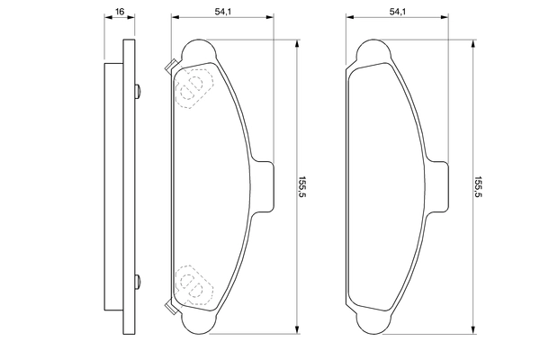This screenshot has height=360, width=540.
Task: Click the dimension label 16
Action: click(120, 12)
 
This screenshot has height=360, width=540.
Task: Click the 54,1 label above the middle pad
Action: click(223, 12)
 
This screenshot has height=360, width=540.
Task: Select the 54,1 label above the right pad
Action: click(398, 12)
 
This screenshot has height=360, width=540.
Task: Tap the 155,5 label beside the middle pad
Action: click(302, 187)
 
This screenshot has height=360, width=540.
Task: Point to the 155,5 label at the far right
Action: click(479, 187)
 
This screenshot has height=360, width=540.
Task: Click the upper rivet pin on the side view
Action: click(137, 91)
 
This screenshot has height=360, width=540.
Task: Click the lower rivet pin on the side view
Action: click(137, 282)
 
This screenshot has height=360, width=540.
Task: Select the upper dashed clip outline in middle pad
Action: click(193, 88)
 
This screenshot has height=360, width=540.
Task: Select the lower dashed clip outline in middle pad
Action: click(193, 284)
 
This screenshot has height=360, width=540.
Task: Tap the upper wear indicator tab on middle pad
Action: click(171, 66)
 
